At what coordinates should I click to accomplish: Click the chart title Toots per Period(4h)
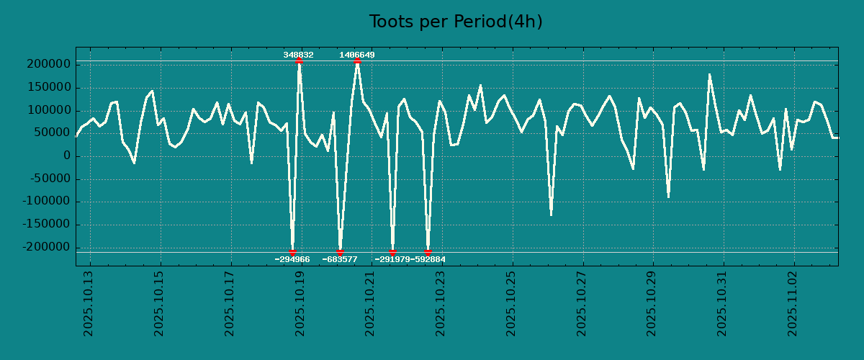[455, 22]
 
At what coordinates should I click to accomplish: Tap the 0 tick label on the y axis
[66, 156]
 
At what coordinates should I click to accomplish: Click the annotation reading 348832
[298, 55]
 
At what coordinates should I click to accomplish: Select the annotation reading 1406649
[357, 55]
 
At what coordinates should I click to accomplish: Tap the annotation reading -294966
[292, 259]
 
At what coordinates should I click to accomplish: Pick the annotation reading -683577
[340, 259]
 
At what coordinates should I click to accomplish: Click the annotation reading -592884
[428, 259]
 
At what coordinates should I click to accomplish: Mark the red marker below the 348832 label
[299, 61]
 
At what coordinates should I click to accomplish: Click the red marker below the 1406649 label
[357, 61]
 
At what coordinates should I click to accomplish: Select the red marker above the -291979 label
[392, 252]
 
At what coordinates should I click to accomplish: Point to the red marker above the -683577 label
[340, 252]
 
